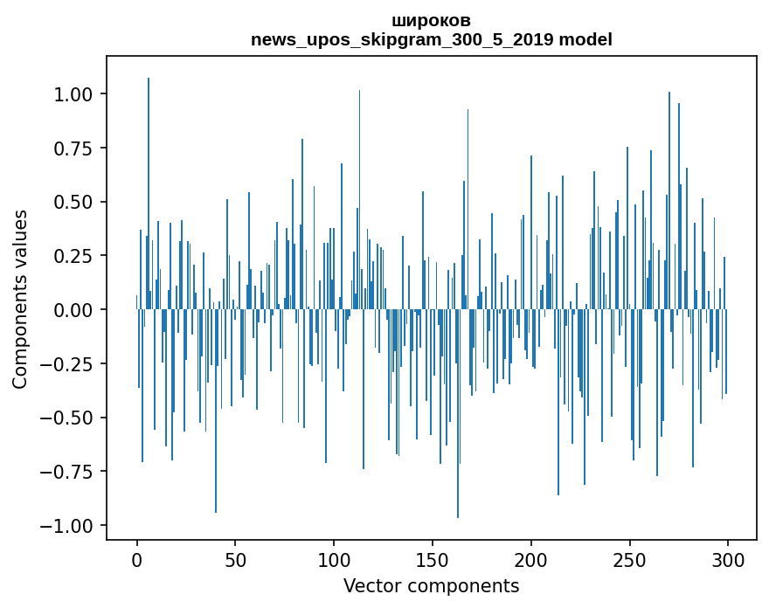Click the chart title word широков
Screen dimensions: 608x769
tap(431, 21)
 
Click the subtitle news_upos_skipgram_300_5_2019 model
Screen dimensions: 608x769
tap(431, 40)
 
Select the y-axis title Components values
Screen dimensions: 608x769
tap(20, 299)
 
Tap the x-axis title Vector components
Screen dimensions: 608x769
tap(431, 586)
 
